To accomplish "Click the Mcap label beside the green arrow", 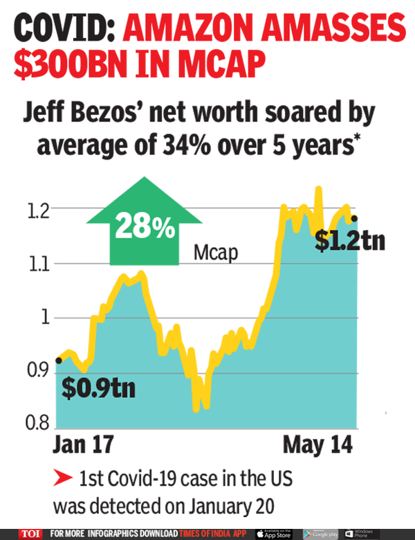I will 215,253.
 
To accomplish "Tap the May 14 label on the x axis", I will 316,443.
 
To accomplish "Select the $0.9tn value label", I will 98,388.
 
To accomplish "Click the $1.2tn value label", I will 349,242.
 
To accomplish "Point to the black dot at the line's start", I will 59,360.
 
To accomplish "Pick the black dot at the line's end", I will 355,218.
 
